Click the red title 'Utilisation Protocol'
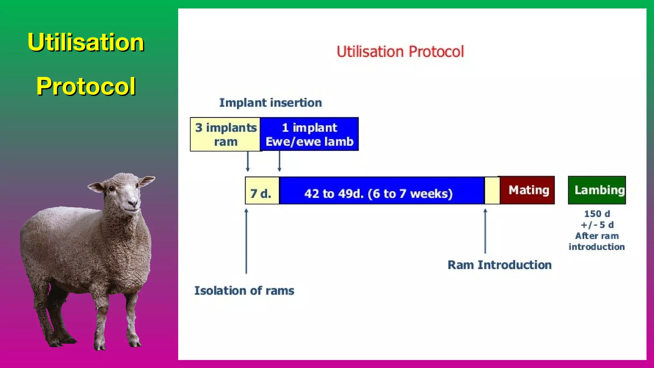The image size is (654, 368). click(x=400, y=52)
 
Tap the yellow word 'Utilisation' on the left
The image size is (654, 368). click(x=86, y=42)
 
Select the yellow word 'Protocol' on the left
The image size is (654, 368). click(x=86, y=86)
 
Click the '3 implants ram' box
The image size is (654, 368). click(x=225, y=134)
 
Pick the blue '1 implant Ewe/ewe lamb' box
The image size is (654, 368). click(x=309, y=134)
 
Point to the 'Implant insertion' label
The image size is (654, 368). click(x=270, y=103)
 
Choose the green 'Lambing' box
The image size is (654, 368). click(x=597, y=190)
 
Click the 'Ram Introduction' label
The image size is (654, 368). click(x=499, y=265)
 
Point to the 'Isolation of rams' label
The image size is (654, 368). click(x=244, y=291)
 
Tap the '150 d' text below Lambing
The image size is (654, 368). click(x=597, y=214)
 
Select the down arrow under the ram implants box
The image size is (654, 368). click(x=248, y=162)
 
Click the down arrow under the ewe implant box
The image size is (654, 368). click(x=279, y=162)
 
